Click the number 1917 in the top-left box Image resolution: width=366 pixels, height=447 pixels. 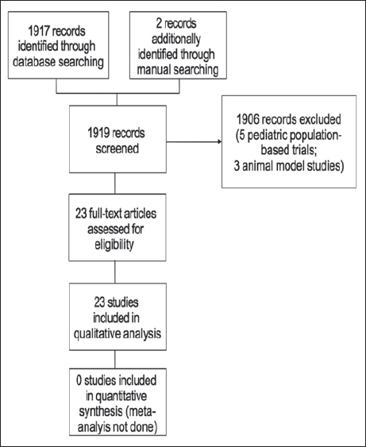click(x=40, y=31)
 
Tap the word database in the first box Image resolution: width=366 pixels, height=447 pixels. click(x=34, y=62)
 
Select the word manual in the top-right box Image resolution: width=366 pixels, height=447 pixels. click(x=153, y=70)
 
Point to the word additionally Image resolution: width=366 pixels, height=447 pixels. click(x=176, y=39)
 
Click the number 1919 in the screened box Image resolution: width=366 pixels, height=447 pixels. click(x=99, y=133)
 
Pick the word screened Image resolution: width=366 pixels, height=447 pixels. click(x=118, y=148)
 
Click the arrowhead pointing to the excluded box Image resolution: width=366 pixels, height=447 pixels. click(x=219, y=141)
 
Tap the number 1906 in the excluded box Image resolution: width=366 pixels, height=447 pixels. click(x=248, y=119)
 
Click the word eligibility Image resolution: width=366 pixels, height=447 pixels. click(x=114, y=245)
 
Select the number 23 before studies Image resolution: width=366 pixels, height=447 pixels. click(x=100, y=302)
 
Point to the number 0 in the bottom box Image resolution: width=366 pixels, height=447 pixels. click(x=79, y=380)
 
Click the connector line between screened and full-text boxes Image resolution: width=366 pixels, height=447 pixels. click(x=115, y=183)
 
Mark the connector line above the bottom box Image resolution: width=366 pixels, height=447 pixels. click(x=115, y=359)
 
